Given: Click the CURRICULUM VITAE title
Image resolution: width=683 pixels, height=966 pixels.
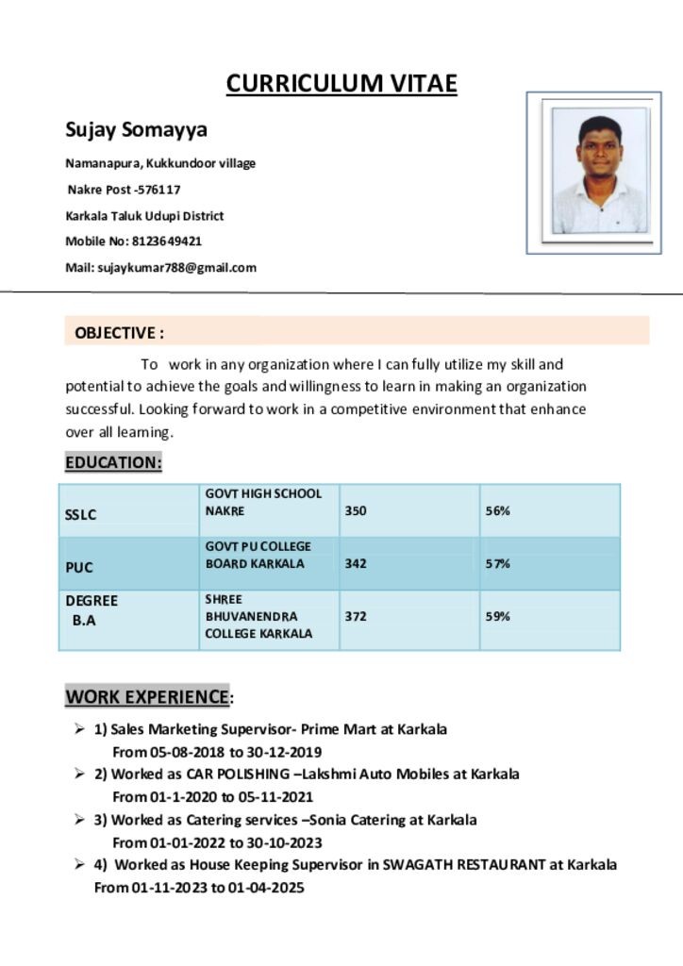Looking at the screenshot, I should (x=341, y=84).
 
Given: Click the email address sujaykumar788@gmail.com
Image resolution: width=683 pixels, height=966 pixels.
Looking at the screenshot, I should (x=176, y=268).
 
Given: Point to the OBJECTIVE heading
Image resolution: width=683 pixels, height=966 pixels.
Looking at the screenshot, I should (x=119, y=333).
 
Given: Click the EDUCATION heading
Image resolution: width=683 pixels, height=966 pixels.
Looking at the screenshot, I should (x=113, y=463).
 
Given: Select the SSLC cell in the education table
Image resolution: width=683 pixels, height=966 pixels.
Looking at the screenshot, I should (x=81, y=515).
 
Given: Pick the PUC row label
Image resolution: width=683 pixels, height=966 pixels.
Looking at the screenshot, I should (x=79, y=568).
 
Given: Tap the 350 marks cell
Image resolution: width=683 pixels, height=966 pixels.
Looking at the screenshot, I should (x=356, y=511).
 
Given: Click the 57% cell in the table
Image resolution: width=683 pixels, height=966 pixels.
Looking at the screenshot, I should (x=498, y=564).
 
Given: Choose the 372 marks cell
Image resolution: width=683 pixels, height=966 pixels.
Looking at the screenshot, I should (x=356, y=617).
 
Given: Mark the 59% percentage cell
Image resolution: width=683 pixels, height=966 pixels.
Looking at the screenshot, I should (x=498, y=617).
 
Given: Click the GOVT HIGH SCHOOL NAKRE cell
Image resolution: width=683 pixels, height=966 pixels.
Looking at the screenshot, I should (x=263, y=502).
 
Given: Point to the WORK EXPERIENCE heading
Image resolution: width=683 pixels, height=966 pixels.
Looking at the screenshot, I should (x=147, y=698).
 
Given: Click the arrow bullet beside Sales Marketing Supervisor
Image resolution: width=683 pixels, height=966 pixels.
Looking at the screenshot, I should (x=80, y=729).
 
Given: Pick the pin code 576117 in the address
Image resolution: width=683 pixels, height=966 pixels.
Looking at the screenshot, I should (x=159, y=190).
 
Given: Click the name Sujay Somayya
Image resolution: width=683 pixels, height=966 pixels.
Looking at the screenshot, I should (x=136, y=129).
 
